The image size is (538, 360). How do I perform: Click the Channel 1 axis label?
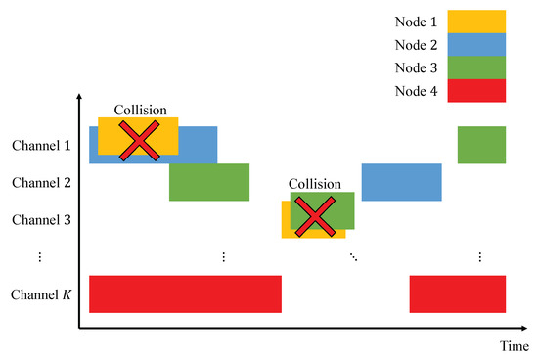[42, 146]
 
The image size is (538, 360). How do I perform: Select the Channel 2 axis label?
[42, 182]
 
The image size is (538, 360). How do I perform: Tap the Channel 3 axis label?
[42, 219]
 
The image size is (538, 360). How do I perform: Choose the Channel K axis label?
[42, 293]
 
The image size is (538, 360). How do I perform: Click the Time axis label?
[515, 346]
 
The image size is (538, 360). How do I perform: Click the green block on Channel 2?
[209, 182]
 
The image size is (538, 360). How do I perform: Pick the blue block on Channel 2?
[401, 182]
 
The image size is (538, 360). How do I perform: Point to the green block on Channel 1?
[481, 145]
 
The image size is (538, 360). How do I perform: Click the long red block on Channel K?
[185, 294]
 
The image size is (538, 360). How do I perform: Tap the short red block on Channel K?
[457, 294]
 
